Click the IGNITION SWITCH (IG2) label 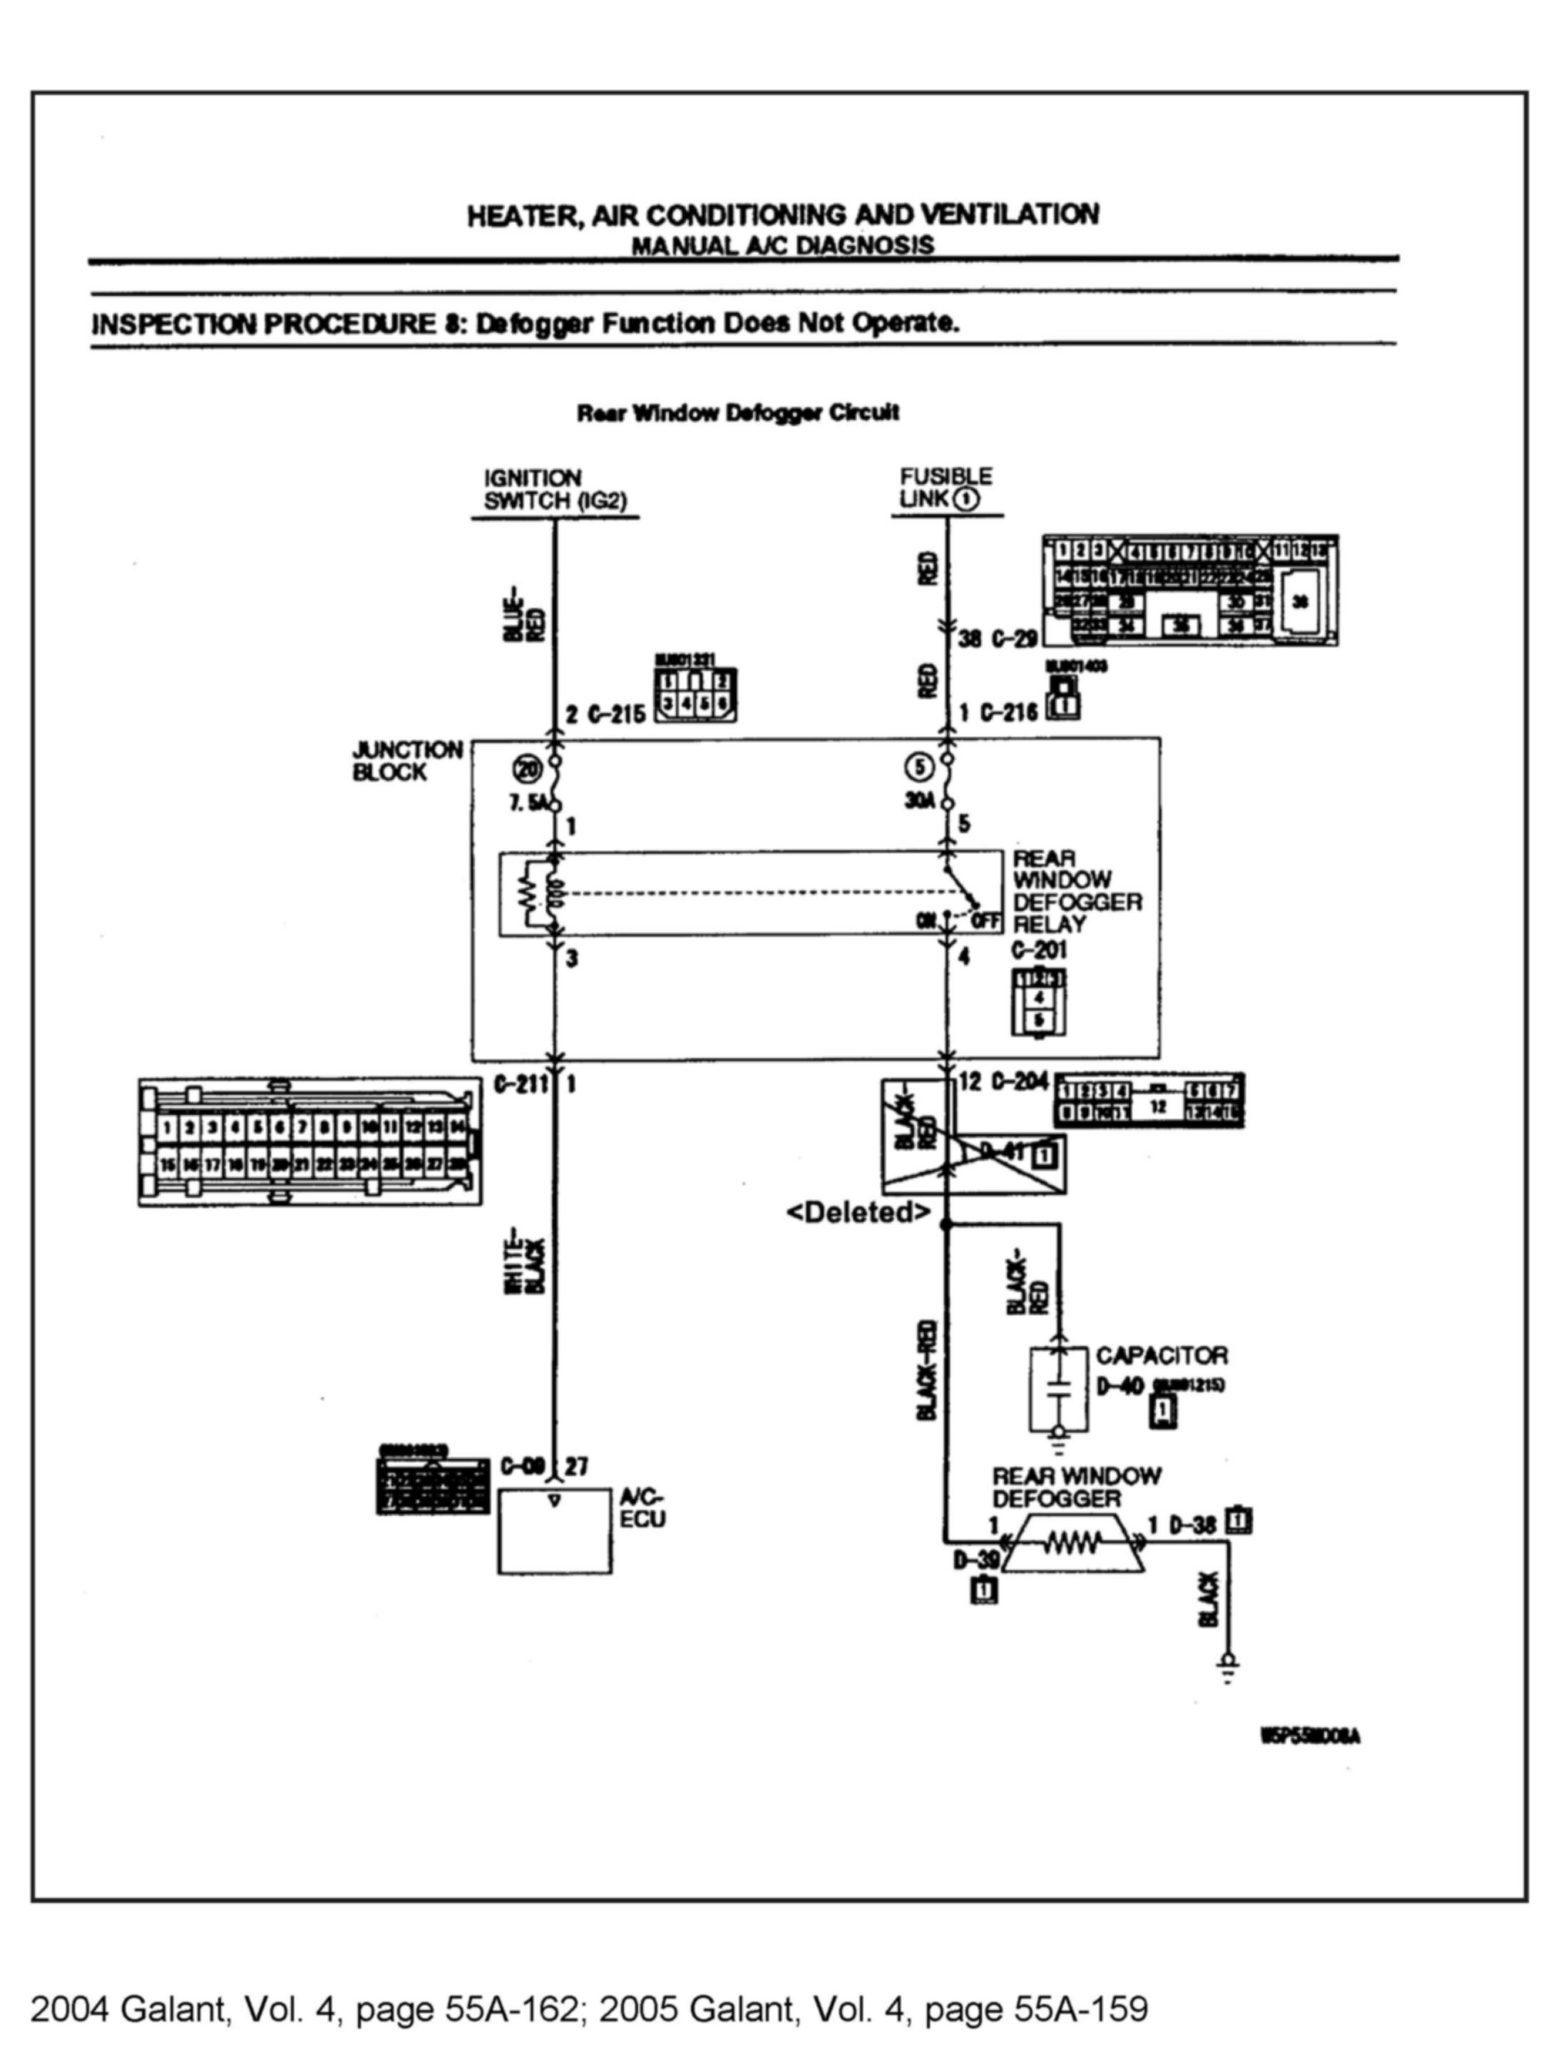(555, 490)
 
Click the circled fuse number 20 (526, 768)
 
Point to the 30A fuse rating (920, 801)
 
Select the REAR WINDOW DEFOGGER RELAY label (1076, 891)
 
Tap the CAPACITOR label (1161, 1355)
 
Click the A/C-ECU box (555, 1531)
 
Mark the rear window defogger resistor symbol (1073, 1544)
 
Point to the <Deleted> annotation (858, 1211)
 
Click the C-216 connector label (1009, 713)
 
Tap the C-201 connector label (1039, 950)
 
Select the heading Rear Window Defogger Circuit (737, 413)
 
